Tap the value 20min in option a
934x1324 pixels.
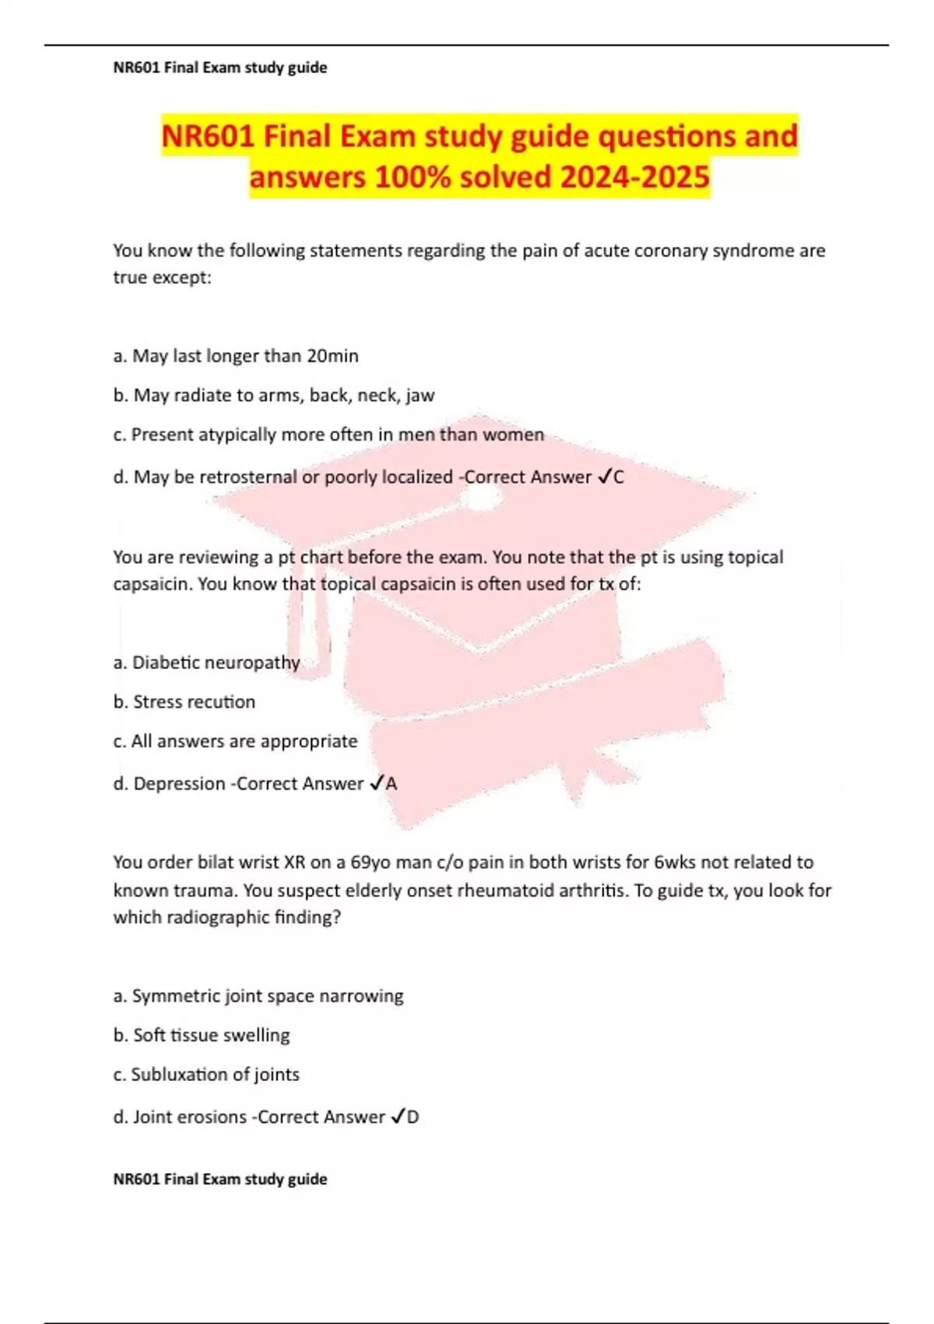pos(332,356)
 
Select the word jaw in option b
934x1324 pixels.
pos(420,396)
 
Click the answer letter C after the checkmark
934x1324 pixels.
pos(619,477)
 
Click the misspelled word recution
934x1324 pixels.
pos(224,702)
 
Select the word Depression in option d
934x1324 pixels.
pos(179,783)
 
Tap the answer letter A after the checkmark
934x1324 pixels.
pos(392,783)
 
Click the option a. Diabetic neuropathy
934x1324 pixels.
pos(206,663)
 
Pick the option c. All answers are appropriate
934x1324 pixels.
pos(235,741)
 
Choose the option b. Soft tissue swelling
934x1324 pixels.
pos(201,1035)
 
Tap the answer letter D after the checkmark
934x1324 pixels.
pos(413,1117)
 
